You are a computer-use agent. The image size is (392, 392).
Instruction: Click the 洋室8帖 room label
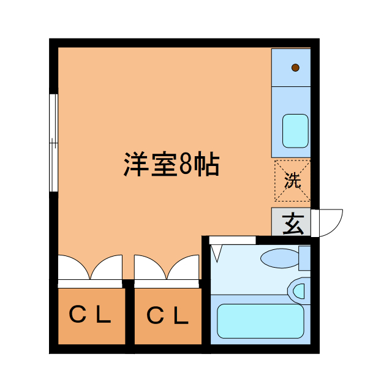tap(171, 164)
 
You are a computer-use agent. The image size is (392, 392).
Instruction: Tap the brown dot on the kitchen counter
tap(295, 67)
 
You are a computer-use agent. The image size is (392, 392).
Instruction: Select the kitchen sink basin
tap(295, 130)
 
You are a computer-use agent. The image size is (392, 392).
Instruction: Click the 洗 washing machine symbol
tap(292, 181)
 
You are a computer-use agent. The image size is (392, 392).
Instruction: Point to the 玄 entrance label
tap(292, 223)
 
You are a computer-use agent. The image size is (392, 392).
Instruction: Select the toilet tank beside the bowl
tap(304, 258)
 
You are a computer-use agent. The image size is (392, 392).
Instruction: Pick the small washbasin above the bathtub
tap(300, 289)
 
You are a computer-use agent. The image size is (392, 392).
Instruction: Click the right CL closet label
tap(167, 315)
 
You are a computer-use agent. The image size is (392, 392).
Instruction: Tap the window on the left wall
tap(53, 143)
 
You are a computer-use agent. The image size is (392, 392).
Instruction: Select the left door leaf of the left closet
tap(72, 268)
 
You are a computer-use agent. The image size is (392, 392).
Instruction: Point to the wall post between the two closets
tap(129, 284)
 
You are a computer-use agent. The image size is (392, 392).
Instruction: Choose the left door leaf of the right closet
tap(148, 268)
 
